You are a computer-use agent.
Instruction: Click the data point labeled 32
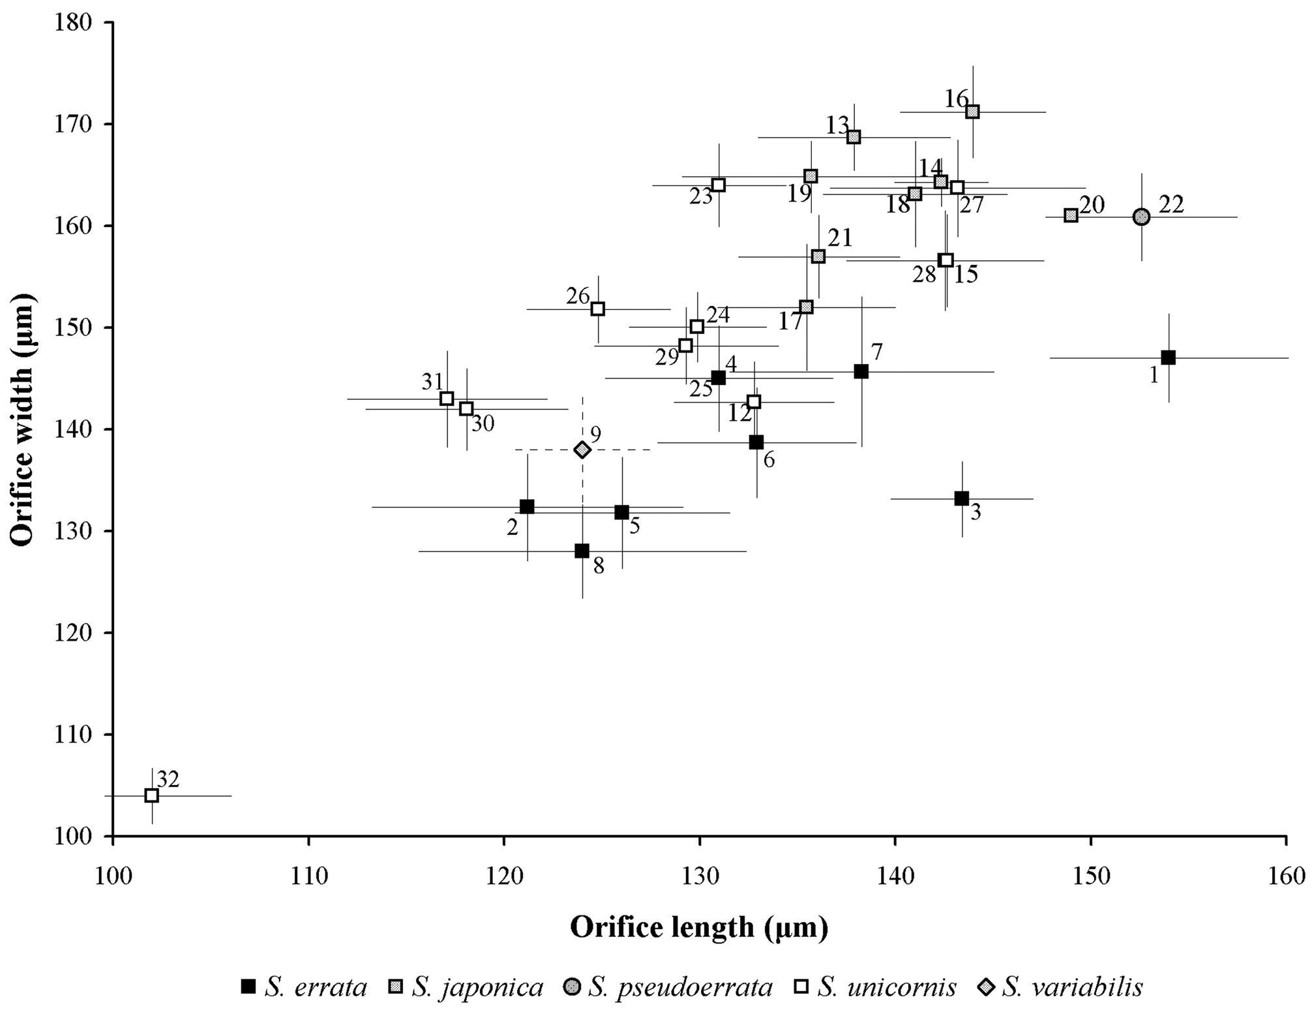[152, 795]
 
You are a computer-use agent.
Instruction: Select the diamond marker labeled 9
[582, 450]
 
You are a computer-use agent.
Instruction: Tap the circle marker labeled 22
[1141, 217]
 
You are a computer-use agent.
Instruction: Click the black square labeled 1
[1169, 358]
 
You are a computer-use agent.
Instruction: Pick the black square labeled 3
[962, 498]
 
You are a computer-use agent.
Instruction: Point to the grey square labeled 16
[972, 112]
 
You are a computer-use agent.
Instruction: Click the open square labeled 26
[597, 309]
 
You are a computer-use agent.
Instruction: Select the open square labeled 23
[719, 185]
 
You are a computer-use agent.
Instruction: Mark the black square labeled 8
[582, 551]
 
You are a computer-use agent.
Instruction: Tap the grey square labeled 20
[1071, 215]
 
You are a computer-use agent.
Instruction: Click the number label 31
[432, 381]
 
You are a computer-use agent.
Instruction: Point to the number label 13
[838, 124]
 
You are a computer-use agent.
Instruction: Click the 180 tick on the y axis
[78, 23]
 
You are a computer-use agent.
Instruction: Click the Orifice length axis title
[699, 927]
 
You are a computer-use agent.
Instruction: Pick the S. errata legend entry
[304, 987]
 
